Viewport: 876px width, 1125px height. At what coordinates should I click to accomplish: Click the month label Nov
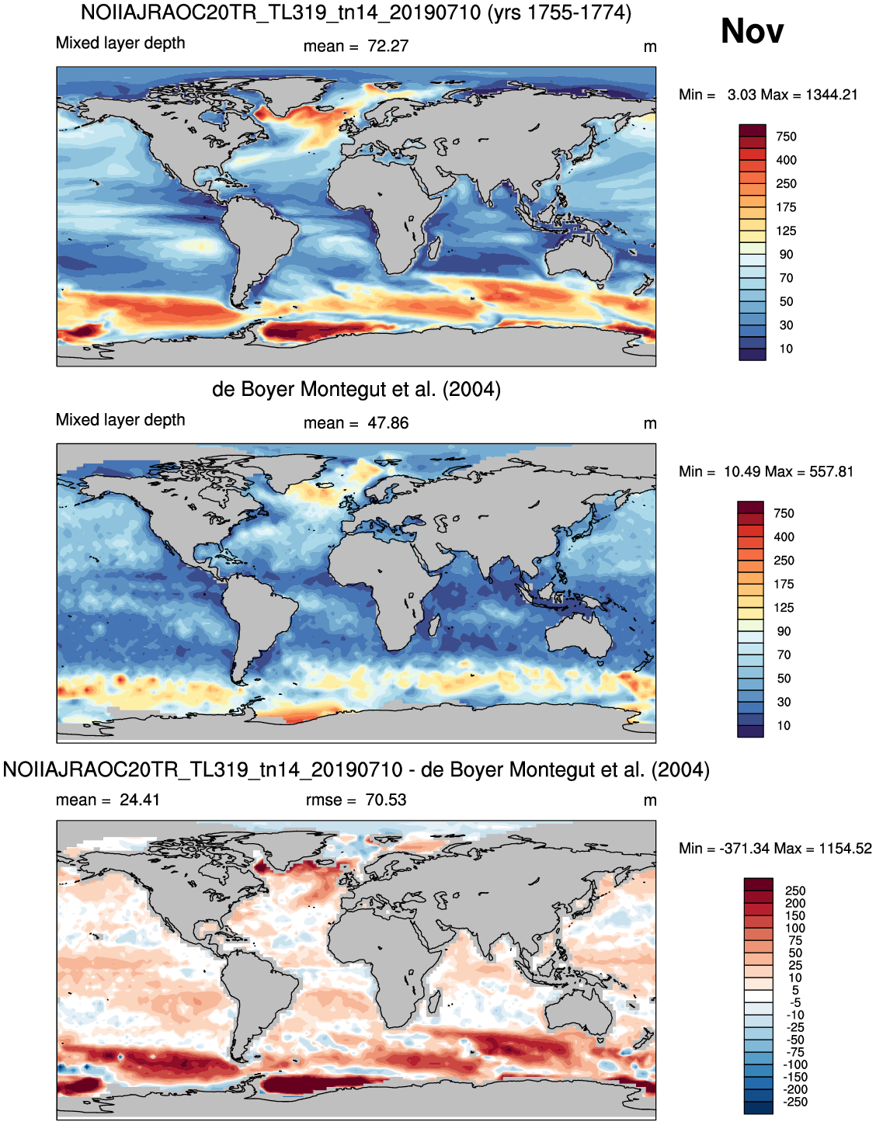click(752, 31)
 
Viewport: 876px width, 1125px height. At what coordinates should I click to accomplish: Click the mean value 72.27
click(388, 46)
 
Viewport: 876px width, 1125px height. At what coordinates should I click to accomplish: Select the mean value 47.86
click(388, 423)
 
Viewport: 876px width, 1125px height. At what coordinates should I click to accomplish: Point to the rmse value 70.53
click(386, 800)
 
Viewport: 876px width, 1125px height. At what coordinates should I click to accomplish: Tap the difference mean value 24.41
click(140, 800)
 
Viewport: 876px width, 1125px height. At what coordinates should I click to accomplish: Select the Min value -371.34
click(745, 849)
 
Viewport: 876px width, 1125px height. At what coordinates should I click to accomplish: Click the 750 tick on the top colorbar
click(786, 137)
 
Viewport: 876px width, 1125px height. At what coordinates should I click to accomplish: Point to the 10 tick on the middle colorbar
click(784, 725)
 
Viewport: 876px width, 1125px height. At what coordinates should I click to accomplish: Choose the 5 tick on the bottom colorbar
click(796, 990)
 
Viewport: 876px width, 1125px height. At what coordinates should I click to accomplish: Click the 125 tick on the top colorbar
click(786, 231)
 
